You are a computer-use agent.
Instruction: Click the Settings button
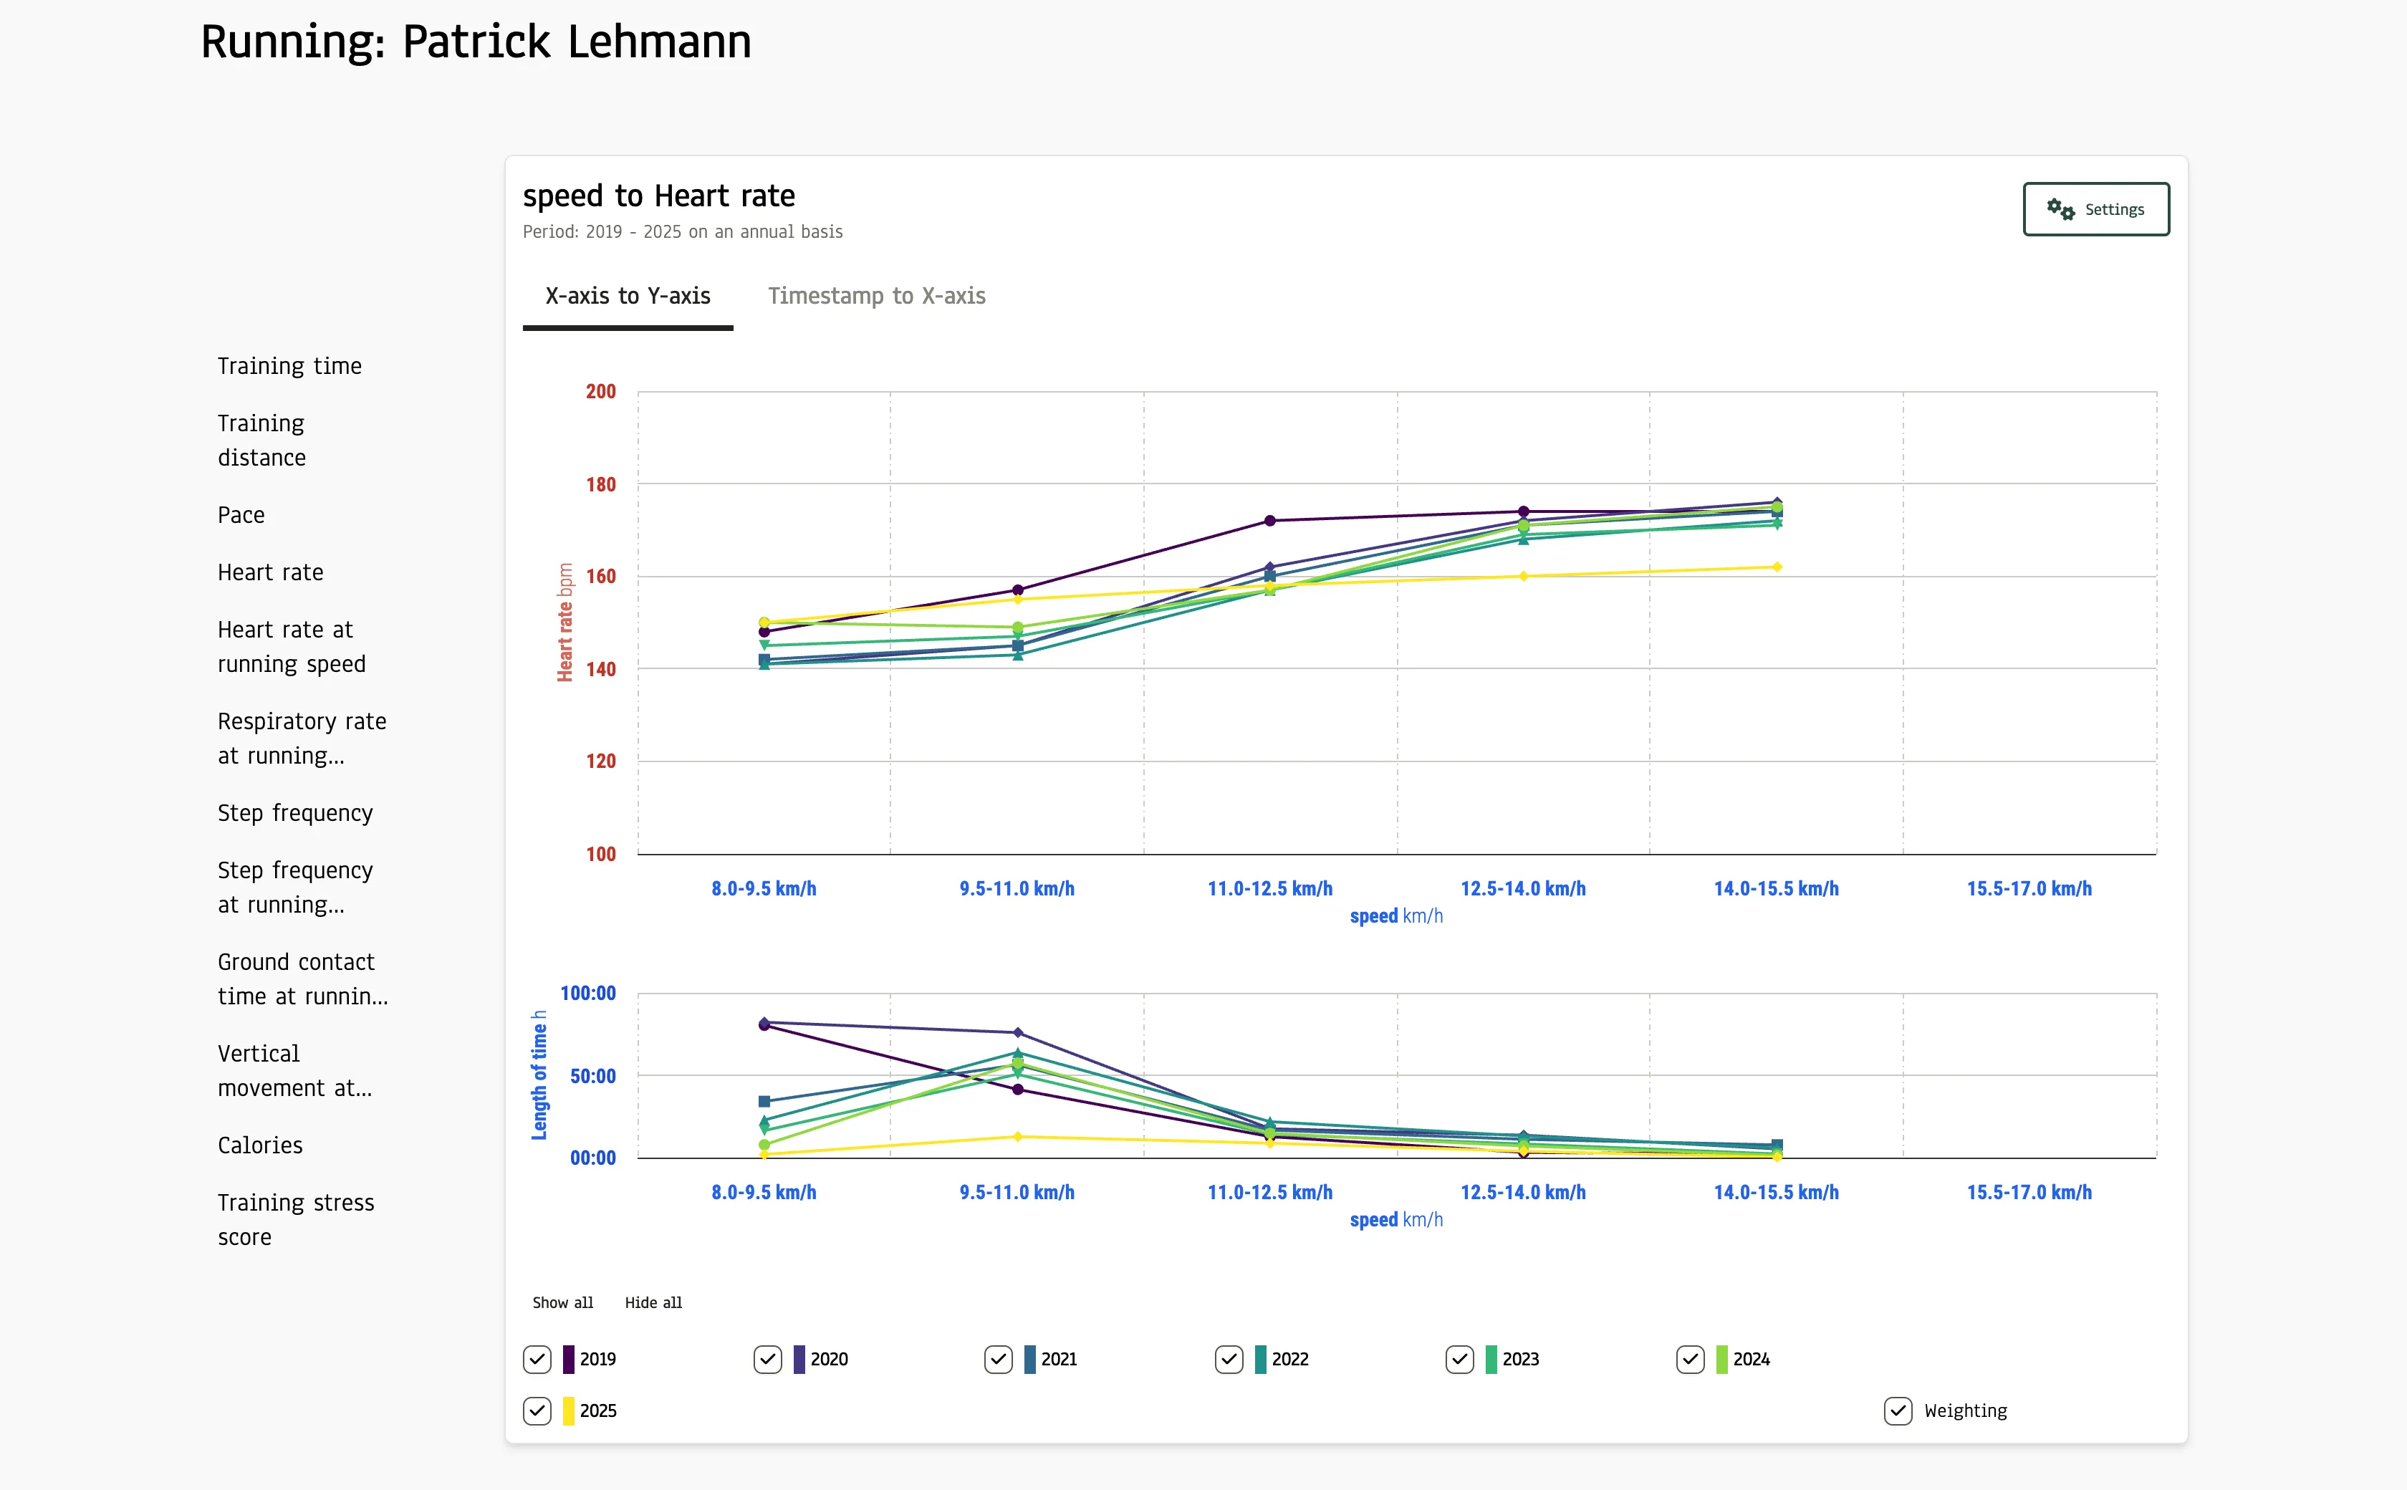click(2095, 209)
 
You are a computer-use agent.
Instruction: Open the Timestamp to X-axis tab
click(876, 296)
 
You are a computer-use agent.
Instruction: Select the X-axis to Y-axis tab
click(628, 296)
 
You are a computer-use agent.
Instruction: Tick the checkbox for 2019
click(537, 1359)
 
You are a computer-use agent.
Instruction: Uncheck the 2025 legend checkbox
click(537, 1410)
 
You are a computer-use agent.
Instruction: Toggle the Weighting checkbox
click(1898, 1410)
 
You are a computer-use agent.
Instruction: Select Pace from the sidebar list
click(241, 514)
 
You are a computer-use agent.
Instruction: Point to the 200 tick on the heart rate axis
click(600, 391)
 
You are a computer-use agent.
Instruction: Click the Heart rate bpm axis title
click(564, 622)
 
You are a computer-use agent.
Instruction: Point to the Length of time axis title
click(539, 1074)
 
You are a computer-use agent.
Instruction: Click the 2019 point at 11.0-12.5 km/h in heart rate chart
click(1270, 520)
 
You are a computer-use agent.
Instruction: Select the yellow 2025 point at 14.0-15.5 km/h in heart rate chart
click(1777, 567)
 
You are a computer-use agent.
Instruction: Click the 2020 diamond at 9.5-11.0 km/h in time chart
click(1018, 1033)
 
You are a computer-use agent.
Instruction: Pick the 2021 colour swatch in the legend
click(1029, 1359)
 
